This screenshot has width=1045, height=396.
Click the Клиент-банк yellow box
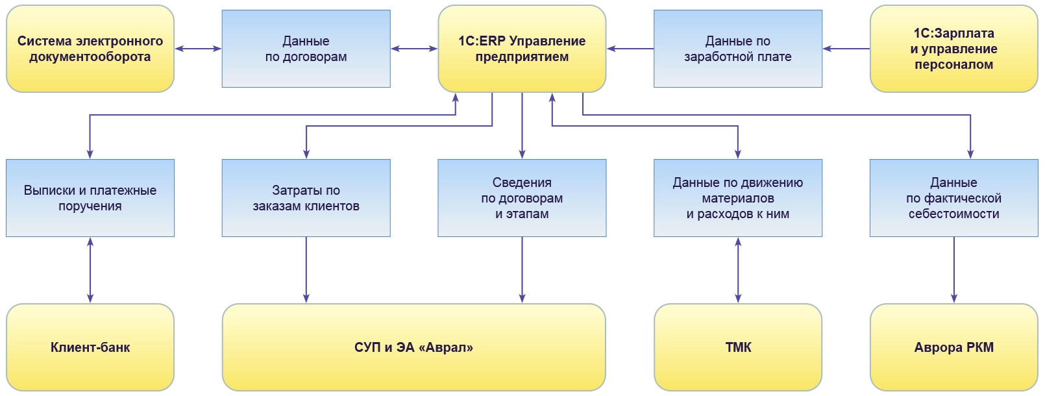(90, 347)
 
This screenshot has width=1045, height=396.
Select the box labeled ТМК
(738, 347)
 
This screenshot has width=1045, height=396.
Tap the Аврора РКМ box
(953, 347)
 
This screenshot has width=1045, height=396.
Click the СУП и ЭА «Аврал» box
(413, 347)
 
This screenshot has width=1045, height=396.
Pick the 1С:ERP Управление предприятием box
(522, 49)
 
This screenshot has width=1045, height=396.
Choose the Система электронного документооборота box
(90, 49)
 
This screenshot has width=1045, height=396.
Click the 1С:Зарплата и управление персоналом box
(953, 49)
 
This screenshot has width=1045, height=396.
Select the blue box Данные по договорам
(306, 49)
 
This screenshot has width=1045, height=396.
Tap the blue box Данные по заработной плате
(738, 49)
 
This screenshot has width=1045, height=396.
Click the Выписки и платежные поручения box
(90, 198)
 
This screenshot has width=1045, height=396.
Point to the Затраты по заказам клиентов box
(306, 198)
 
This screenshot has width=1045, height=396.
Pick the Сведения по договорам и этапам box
(522, 198)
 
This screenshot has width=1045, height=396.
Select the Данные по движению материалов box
(738, 198)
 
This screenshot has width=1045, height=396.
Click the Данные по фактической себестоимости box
(953, 198)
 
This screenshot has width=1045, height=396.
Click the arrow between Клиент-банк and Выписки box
(90, 270)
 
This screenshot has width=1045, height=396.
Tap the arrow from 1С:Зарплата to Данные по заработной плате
(846, 49)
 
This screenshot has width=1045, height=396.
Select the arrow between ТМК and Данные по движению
(738, 270)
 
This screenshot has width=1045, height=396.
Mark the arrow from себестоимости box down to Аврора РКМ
(953, 270)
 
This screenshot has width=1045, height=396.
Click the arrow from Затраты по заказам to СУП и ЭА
(306, 270)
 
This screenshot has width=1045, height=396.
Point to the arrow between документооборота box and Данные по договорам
(198, 49)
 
